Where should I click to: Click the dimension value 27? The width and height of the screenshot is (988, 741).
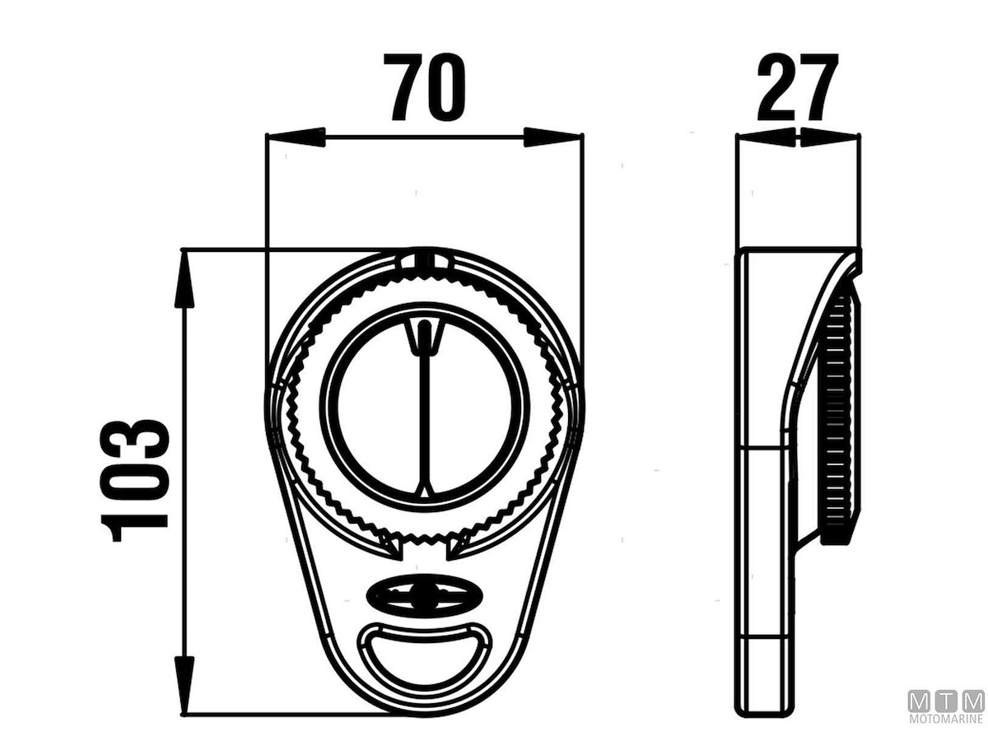pos(797,87)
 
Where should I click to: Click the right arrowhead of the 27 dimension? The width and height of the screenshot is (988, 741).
pos(831,137)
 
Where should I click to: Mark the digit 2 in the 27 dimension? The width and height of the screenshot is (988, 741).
pos(778,87)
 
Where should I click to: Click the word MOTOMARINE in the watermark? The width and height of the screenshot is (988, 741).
pos(946,719)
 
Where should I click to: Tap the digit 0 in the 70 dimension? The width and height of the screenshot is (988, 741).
pos(447,87)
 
